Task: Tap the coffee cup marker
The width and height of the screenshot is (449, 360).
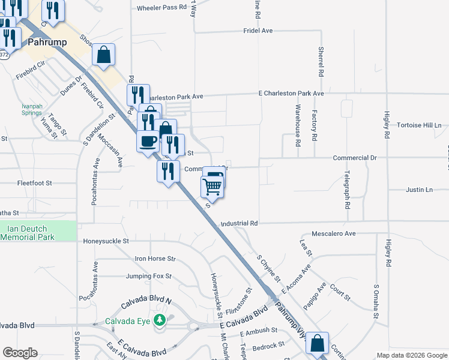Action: tap(148, 142)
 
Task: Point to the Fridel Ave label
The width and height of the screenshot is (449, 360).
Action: tap(258, 30)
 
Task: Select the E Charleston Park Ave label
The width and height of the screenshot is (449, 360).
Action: tap(291, 94)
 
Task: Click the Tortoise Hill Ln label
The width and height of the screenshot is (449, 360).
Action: tap(419, 125)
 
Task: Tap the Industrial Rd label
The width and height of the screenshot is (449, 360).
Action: tap(239, 223)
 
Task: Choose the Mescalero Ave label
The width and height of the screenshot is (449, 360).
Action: tap(334, 233)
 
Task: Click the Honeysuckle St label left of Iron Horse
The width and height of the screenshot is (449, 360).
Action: tap(106, 241)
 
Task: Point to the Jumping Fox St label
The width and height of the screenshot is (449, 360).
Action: tap(149, 277)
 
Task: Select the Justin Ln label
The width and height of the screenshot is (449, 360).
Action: tap(419, 190)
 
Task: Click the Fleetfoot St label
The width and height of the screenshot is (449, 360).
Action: tap(35, 182)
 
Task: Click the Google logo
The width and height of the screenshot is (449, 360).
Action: tap(20, 353)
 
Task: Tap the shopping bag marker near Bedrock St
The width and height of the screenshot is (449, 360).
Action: tap(317, 344)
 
